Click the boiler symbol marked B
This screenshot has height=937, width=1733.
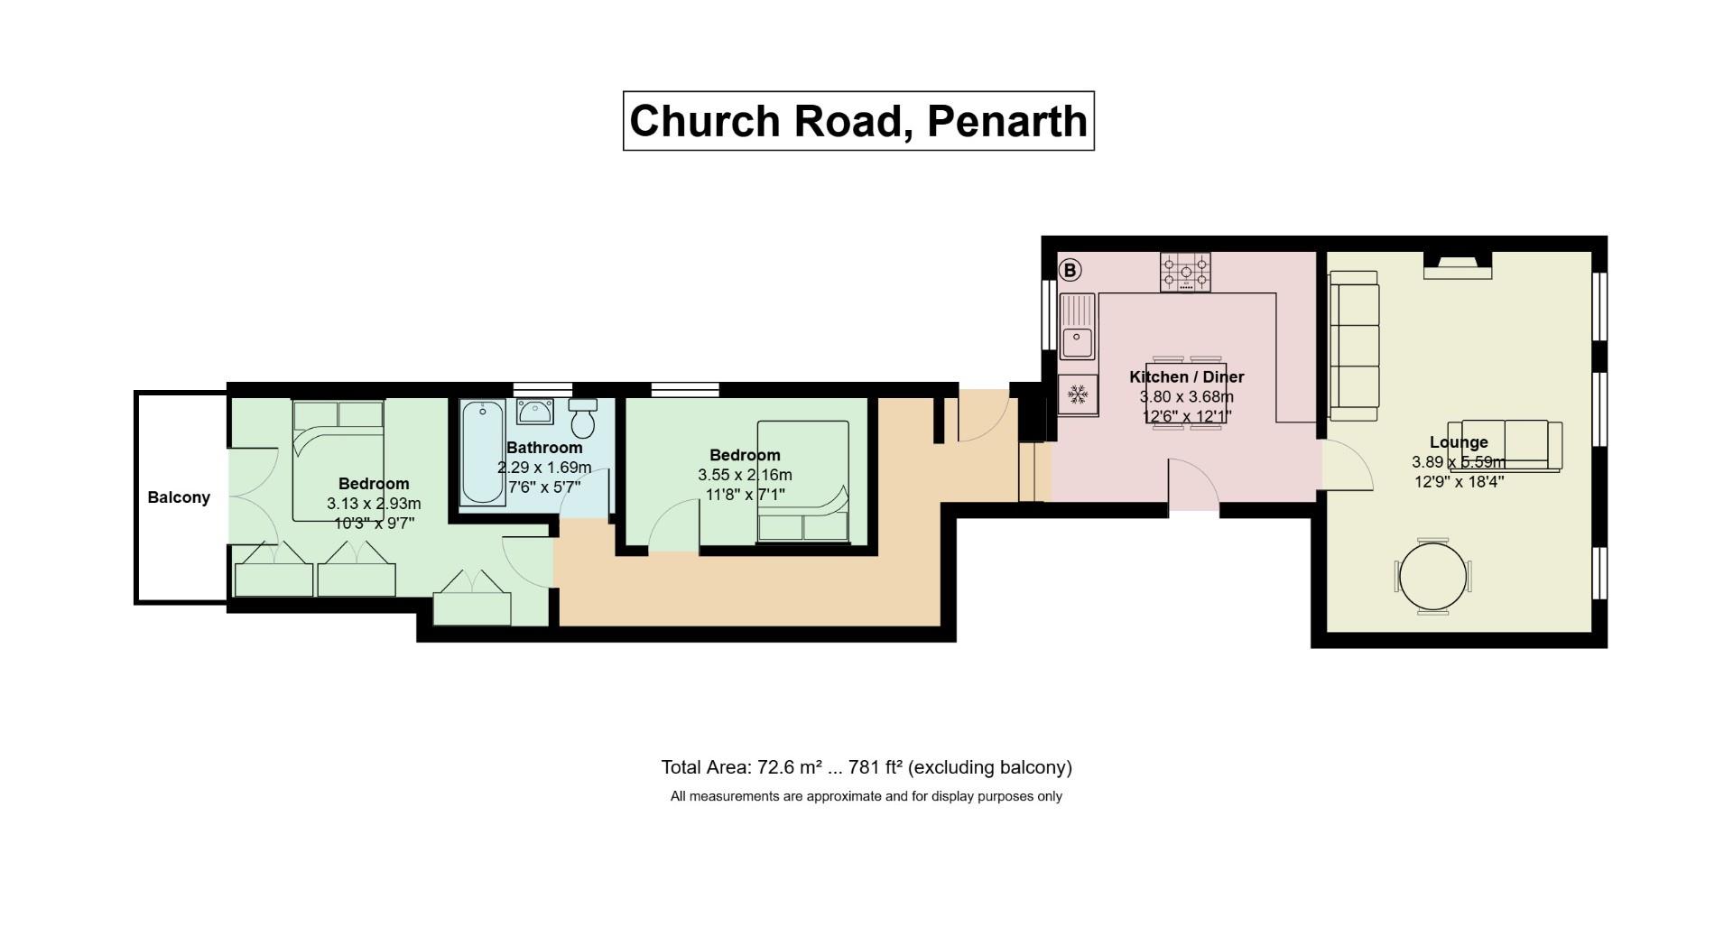(1070, 270)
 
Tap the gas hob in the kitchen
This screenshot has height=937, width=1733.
(1185, 272)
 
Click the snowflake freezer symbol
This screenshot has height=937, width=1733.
(1077, 394)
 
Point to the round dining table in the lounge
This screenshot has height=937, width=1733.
(1432, 577)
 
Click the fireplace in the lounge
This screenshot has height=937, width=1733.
(1458, 264)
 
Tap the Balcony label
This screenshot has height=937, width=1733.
(179, 497)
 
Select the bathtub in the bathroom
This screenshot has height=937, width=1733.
(483, 453)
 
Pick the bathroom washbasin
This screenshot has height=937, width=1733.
(535, 412)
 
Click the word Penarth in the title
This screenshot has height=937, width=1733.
(1006, 121)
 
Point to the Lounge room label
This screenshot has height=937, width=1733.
(1458, 442)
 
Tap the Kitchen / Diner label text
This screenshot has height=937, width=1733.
(1186, 377)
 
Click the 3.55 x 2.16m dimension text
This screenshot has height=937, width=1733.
(745, 475)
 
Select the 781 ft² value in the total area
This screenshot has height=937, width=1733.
(876, 767)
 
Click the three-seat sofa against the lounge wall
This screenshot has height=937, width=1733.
(1354, 346)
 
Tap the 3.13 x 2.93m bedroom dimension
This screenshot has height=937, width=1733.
(374, 504)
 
